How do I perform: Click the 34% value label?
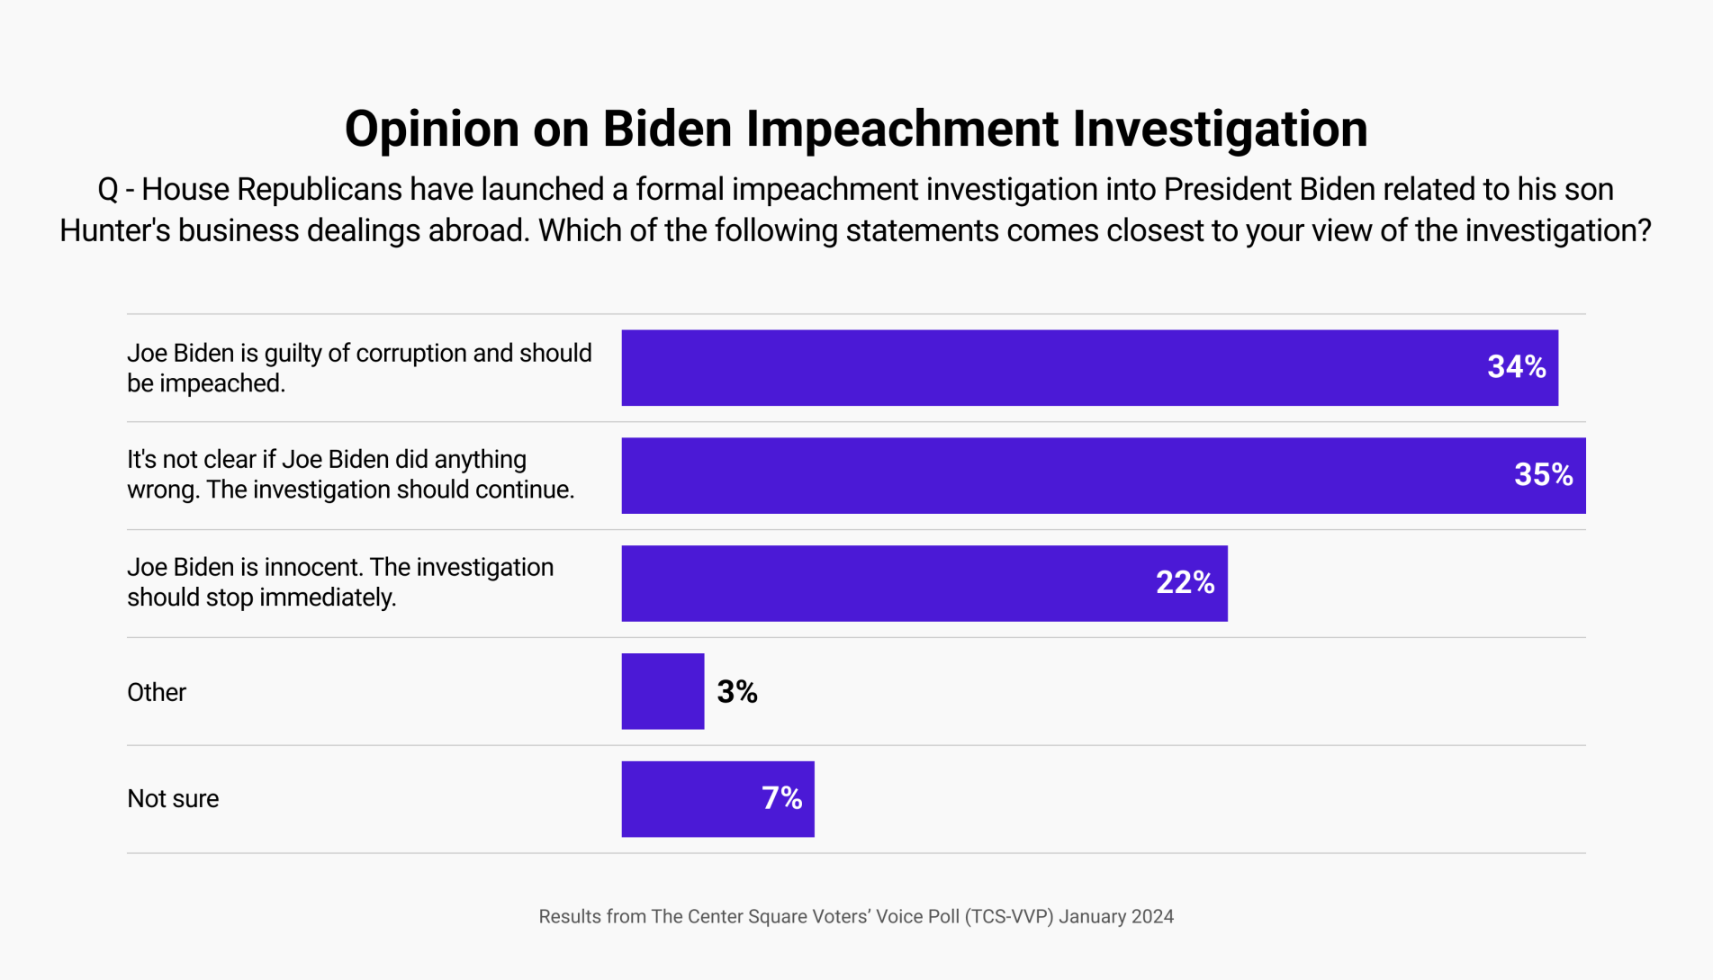1516,367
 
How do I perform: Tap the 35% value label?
1543,475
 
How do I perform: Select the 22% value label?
1185,583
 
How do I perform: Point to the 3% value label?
736,692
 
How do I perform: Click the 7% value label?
781,798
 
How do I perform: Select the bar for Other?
663,691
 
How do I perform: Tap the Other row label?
157,692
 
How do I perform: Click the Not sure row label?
173,798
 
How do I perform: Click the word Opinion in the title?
432,129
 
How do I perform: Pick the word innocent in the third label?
313,567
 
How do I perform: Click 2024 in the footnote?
1152,916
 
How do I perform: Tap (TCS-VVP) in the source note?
1009,916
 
